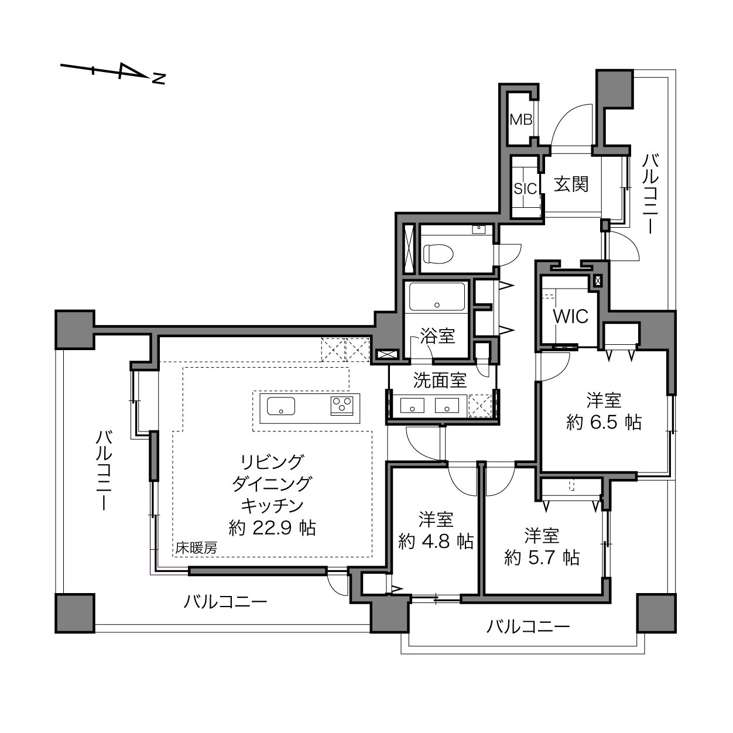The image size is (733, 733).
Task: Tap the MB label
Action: tap(520, 120)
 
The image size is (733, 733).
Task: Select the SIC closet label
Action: tap(525, 189)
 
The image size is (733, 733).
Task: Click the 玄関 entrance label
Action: tap(571, 184)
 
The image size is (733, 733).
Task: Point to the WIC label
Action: tap(571, 316)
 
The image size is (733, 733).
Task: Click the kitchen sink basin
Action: tap(280, 406)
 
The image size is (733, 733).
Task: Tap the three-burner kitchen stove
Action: tap(341, 406)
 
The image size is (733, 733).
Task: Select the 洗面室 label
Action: tap(440, 380)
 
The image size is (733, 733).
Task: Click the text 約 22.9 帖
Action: tap(272, 528)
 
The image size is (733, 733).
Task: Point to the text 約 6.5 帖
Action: tap(604, 422)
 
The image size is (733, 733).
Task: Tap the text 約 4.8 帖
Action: tap(436, 541)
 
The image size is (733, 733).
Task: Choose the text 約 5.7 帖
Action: tap(542, 557)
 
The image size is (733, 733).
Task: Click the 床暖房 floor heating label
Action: tap(196, 548)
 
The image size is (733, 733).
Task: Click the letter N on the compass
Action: tap(159, 78)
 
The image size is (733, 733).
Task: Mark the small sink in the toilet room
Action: tap(478, 230)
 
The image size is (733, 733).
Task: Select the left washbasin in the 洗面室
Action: tap(412, 405)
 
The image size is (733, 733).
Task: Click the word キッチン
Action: tap(272, 506)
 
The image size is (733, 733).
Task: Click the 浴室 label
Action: tap(437, 336)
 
